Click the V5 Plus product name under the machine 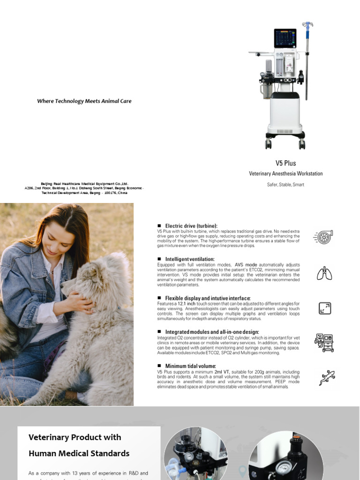click(x=285, y=163)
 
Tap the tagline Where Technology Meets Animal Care click(x=84, y=101)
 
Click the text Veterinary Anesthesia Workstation click(x=285, y=173)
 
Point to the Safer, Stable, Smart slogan click(x=285, y=185)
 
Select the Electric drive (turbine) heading click(x=191, y=226)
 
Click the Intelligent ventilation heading click(x=190, y=259)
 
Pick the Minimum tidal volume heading click(x=190, y=366)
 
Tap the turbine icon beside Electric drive click(x=323, y=237)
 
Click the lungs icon click(x=324, y=273)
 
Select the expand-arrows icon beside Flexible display click(x=324, y=308)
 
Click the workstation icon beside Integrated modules click(x=324, y=343)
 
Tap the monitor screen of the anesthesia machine click(x=285, y=38)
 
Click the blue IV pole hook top click(x=307, y=24)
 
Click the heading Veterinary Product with click(x=75, y=437)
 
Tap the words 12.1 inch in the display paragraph click(x=187, y=304)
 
